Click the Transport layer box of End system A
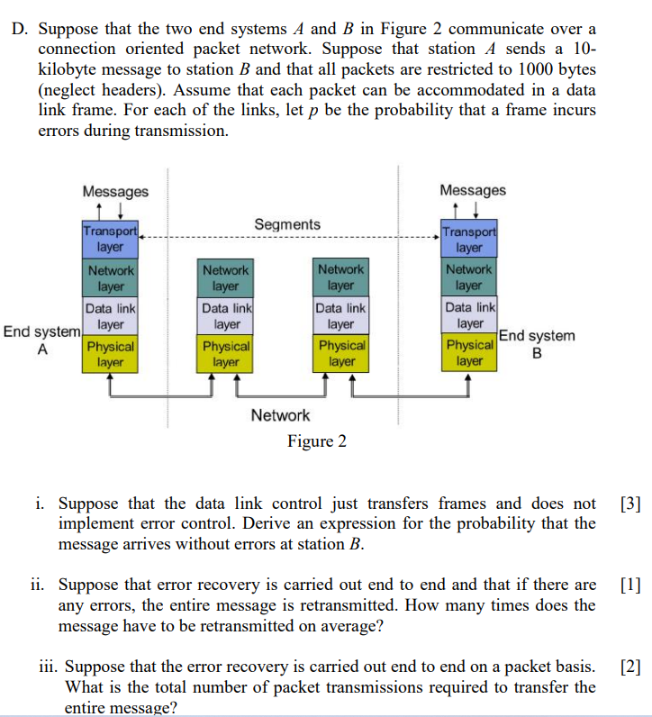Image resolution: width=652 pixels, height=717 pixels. [x=110, y=239]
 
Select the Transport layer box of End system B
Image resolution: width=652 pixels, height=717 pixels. [x=469, y=239]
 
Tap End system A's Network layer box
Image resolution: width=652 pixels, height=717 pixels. [x=110, y=278]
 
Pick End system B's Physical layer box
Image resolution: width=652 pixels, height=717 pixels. [x=469, y=353]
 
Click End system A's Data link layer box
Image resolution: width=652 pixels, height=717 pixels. [x=110, y=315]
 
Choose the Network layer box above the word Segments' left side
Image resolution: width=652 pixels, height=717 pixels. [x=225, y=278]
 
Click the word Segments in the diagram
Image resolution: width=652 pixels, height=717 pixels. [x=286, y=224]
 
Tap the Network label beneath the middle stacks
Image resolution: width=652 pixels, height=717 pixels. [x=280, y=415]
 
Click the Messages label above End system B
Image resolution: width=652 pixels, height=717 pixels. [x=473, y=190]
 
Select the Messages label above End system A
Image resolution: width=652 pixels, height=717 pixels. [x=115, y=191]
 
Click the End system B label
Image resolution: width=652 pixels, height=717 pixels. [x=537, y=344]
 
